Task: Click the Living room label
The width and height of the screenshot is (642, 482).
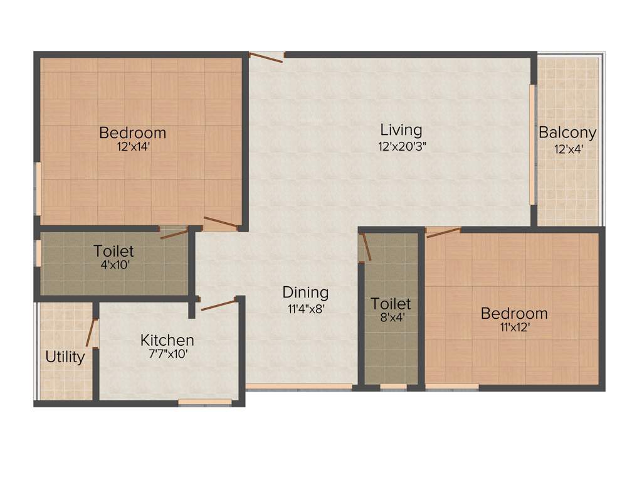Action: [401, 130]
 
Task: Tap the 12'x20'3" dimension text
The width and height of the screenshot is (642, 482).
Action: [401, 146]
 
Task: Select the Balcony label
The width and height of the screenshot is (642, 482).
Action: [567, 133]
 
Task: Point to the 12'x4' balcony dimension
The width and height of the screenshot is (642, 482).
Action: [567, 149]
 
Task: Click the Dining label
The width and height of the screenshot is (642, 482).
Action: [305, 292]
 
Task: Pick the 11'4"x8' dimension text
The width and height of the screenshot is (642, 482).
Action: [305, 308]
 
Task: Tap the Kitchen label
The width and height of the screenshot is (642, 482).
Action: [167, 340]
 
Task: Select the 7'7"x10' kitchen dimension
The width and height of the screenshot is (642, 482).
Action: [167, 354]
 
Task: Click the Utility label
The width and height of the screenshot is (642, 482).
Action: [65, 357]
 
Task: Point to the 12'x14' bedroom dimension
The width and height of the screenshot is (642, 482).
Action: [132, 147]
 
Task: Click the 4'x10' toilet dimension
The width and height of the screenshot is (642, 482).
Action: [113, 265]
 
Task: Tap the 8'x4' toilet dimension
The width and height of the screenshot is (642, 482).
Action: [391, 318]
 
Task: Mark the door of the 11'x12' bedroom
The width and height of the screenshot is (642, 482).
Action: [443, 232]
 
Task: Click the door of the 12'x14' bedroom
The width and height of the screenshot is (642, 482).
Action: [220, 223]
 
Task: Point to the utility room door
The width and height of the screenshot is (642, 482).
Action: [94, 333]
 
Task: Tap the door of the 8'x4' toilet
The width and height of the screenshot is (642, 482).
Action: [366, 247]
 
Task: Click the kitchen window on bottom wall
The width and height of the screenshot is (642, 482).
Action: [205, 402]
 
